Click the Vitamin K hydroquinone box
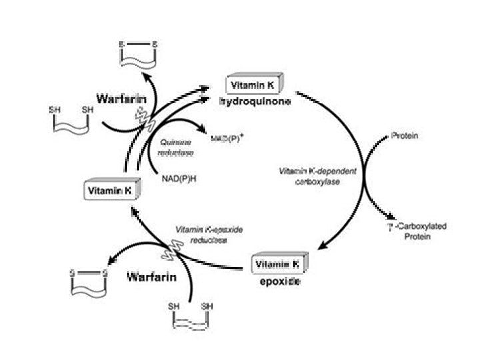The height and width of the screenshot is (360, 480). click(x=256, y=85)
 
